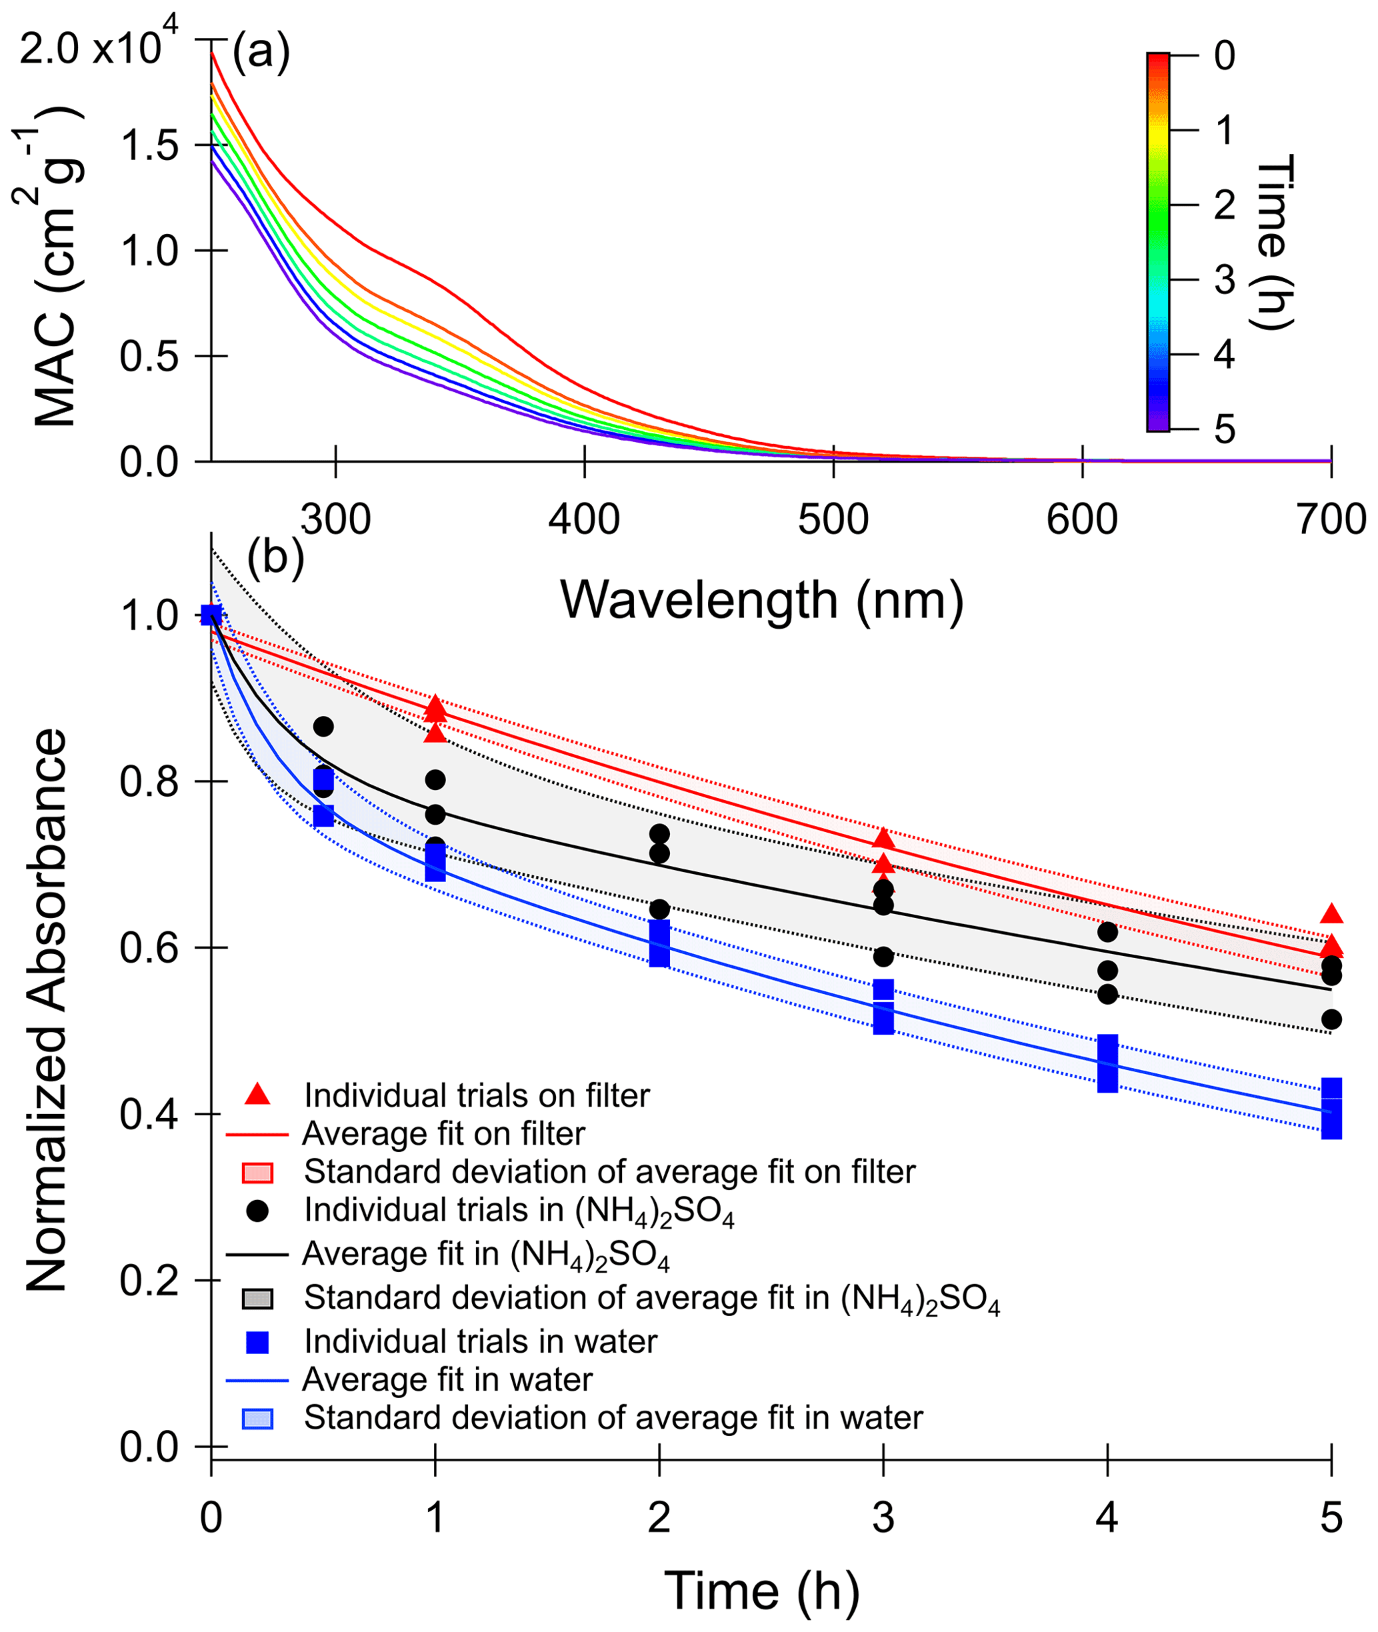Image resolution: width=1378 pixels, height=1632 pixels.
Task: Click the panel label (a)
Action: point(261,53)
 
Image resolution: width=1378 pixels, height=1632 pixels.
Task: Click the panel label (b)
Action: point(275,558)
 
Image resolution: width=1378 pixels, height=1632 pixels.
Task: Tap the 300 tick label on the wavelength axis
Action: point(335,519)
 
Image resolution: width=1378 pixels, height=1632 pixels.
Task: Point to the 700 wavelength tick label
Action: point(1331,519)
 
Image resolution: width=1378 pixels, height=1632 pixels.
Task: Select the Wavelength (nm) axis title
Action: point(761,601)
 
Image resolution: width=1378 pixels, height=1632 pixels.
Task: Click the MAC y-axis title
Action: point(53,265)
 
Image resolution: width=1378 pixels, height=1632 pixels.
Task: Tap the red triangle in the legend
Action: point(257,1095)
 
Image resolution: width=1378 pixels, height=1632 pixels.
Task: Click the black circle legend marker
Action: point(257,1211)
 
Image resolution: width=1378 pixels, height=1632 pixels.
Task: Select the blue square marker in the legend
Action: point(257,1342)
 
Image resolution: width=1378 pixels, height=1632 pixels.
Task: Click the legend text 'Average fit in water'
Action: point(447,1379)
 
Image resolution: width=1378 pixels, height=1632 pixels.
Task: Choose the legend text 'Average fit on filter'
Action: point(443,1133)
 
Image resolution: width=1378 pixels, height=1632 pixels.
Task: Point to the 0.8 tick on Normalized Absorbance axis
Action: point(149,781)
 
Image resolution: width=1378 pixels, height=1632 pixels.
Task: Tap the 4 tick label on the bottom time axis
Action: point(1107,1518)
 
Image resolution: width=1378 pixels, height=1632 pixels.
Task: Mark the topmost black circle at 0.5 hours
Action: point(323,727)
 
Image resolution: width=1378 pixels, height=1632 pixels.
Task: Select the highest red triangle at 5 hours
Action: point(1331,914)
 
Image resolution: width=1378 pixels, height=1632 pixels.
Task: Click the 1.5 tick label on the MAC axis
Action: point(149,145)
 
